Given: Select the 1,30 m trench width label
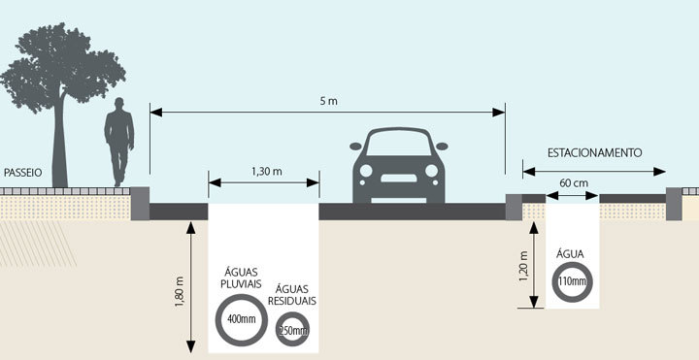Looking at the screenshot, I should click(x=264, y=171).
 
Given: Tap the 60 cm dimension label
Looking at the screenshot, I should click(x=573, y=181).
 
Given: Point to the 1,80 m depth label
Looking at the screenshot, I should click(x=179, y=288).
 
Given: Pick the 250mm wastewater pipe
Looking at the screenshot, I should click(x=292, y=331).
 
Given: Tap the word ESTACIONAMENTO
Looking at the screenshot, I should click(x=595, y=153).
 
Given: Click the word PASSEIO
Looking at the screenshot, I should click(x=21, y=171).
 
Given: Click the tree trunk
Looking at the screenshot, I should click(x=61, y=146).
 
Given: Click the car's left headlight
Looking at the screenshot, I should click(x=368, y=173).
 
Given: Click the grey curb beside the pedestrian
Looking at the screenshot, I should click(x=139, y=202).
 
